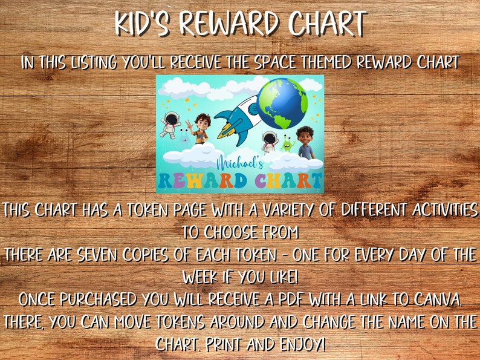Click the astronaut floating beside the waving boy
[x=169, y=122]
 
